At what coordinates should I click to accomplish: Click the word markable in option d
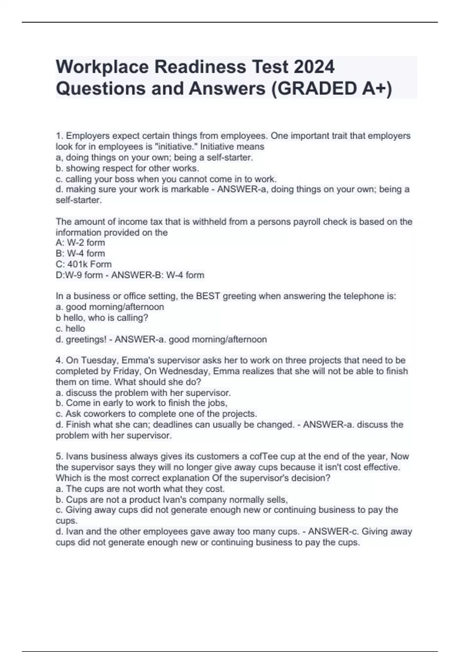[189, 189]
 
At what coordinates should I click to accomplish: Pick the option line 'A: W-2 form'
[80, 242]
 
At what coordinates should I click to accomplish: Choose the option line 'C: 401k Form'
[84, 264]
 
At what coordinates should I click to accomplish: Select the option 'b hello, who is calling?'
[102, 318]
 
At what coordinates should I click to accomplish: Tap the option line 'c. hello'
[70, 329]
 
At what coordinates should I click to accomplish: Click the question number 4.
[59, 361]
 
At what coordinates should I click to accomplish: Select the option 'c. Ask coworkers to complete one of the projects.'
[156, 414]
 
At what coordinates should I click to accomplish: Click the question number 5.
[59, 456]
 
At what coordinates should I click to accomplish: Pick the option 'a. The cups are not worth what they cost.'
[140, 489]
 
